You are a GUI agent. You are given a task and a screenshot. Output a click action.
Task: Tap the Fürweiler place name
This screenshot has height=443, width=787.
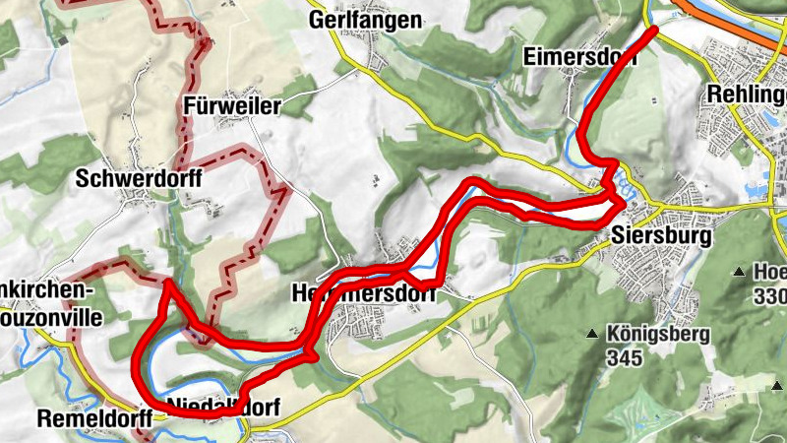click(233, 106)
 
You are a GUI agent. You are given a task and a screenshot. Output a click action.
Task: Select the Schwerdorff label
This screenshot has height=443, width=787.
click(139, 178)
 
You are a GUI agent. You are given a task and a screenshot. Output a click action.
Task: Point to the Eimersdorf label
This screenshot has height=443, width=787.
click(579, 55)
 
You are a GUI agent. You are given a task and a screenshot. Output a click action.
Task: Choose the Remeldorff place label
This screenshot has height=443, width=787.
click(91, 417)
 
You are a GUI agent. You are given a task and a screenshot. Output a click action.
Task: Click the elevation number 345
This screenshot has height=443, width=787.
click(626, 357)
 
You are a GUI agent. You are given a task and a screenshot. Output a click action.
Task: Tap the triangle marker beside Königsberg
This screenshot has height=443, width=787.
click(592, 335)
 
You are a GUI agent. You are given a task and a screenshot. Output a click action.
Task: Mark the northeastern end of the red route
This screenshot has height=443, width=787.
click(653, 32)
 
